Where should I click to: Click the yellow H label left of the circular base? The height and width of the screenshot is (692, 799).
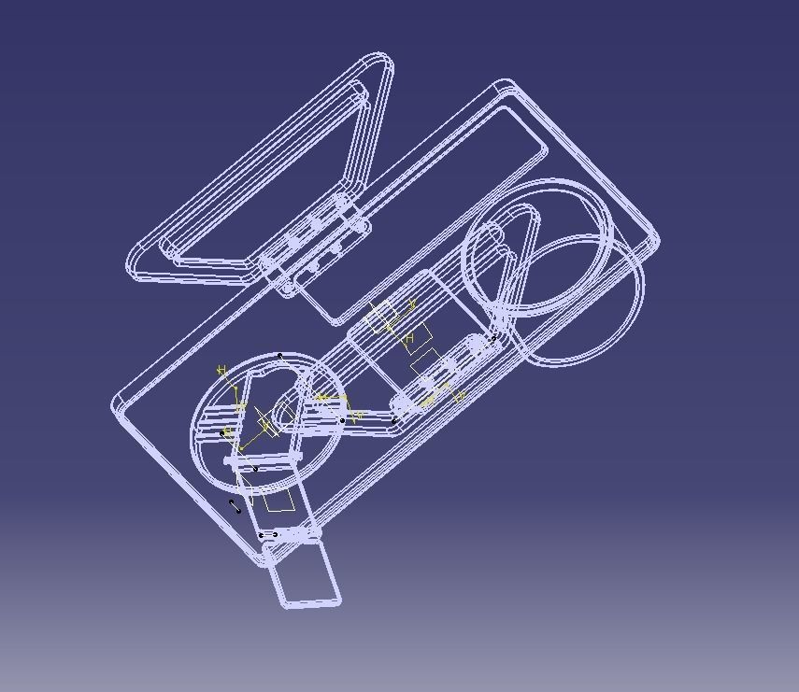point(222,371)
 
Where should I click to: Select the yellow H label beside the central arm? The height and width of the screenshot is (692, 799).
point(409,337)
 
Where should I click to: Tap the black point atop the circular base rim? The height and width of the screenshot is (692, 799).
point(280,356)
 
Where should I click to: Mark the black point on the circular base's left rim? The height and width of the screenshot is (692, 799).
point(222,433)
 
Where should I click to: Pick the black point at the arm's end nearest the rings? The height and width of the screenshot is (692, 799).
point(494,338)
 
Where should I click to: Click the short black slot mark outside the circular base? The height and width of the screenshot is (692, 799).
point(235,506)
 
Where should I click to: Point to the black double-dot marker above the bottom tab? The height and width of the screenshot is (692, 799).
point(268,534)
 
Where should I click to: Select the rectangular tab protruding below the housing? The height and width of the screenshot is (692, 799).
point(305,573)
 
